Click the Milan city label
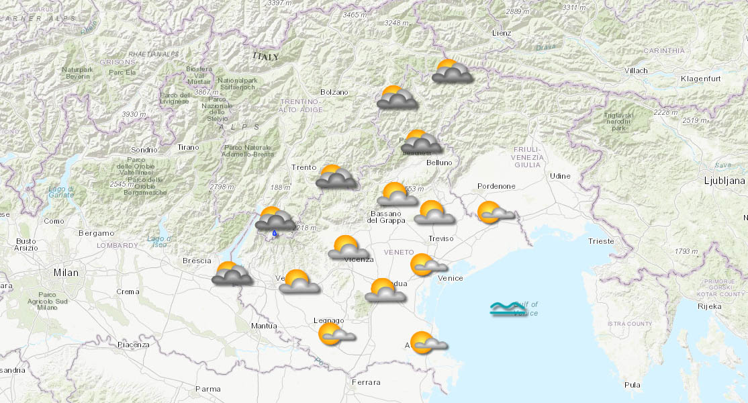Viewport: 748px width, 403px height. tap(66, 273)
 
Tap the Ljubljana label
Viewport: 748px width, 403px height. tap(724, 181)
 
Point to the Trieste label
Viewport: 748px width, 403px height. tap(600, 240)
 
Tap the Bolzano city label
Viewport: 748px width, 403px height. tap(334, 92)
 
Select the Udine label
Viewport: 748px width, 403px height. tap(559, 176)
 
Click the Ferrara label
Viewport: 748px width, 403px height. tap(366, 382)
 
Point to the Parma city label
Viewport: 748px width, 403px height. tap(207, 388)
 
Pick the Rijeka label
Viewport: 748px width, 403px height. tap(709, 306)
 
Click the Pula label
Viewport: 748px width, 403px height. tap(632, 385)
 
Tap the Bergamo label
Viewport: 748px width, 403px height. tap(96, 232)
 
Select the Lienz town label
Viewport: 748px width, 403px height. tap(501, 33)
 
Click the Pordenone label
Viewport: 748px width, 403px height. tap(496, 186)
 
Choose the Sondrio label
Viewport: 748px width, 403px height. tap(144, 149)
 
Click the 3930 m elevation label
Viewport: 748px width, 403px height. tap(134, 114)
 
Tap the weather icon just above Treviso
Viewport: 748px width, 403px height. tap(434, 213)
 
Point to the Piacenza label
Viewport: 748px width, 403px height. tap(133, 345)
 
